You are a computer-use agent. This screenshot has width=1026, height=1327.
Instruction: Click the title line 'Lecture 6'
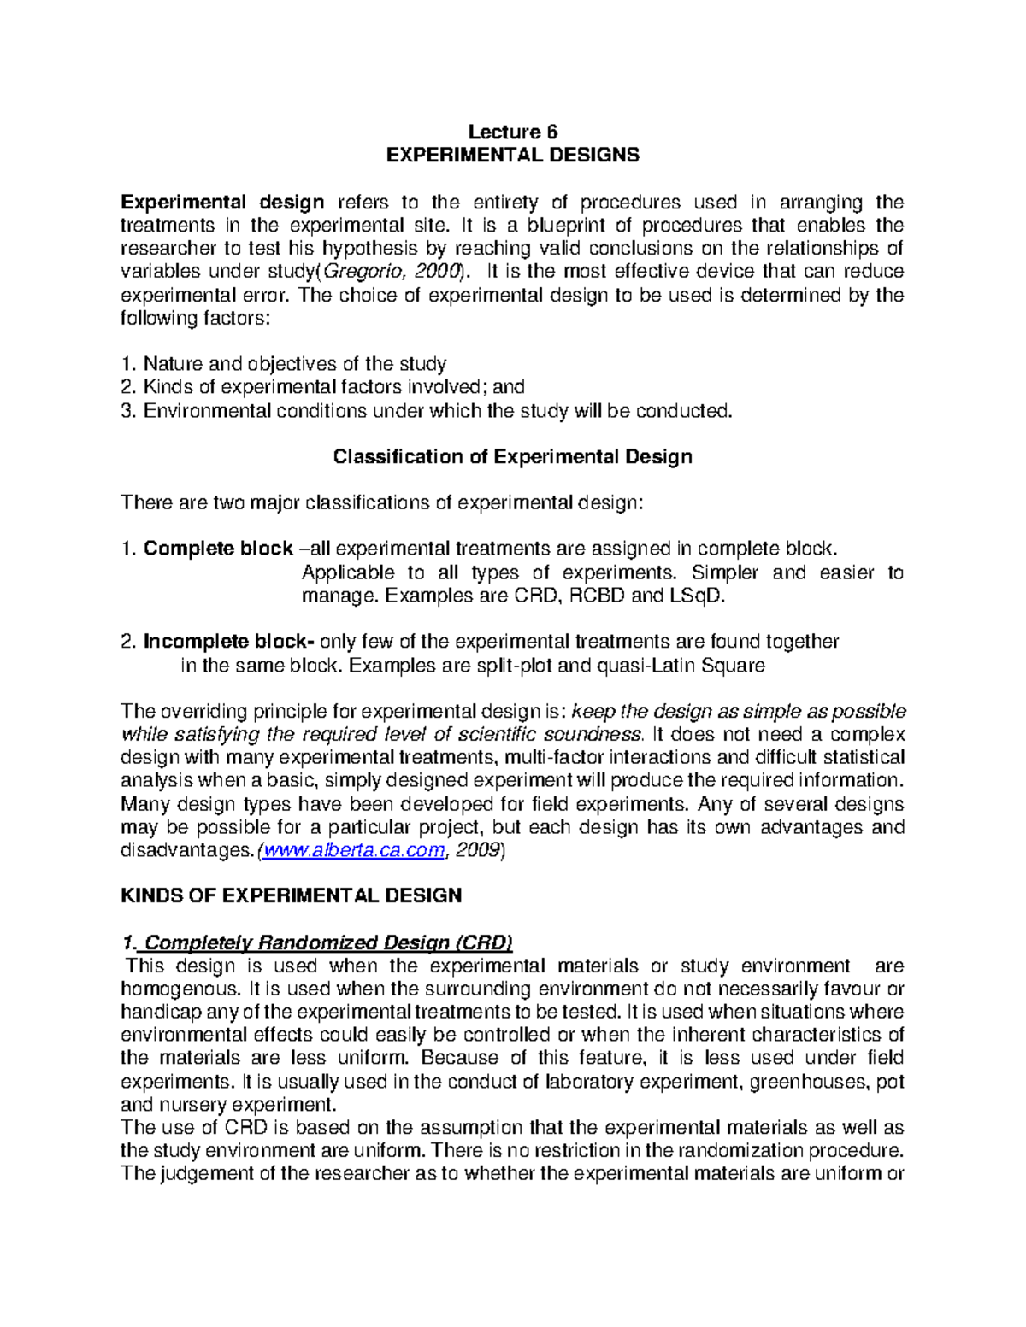(512, 132)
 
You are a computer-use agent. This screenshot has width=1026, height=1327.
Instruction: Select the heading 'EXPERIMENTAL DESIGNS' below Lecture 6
(512, 155)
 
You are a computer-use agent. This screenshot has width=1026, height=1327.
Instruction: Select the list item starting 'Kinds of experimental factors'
(333, 387)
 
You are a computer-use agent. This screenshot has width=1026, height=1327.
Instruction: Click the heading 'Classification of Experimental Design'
(512, 456)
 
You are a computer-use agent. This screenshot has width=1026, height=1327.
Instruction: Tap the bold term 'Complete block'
(218, 549)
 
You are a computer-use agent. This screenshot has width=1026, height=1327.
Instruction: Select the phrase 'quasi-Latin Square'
(689, 665)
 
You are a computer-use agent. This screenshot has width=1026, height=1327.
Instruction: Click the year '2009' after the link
(478, 850)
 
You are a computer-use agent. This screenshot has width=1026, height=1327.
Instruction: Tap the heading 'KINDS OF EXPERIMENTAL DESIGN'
(292, 895)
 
